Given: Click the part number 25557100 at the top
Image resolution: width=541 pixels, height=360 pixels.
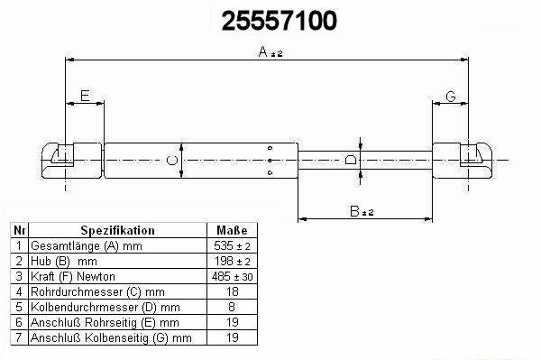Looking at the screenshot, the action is click(x=279, y=21).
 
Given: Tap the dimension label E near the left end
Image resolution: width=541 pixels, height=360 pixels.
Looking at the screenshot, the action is click(x=85, y=96).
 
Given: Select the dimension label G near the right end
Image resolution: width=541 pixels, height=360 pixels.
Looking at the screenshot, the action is click(x=451, y=97).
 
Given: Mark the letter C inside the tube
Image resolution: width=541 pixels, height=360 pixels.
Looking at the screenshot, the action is click(x=172, y=161).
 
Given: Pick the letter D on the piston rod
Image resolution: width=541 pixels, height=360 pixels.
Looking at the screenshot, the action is click(x=351, y=160).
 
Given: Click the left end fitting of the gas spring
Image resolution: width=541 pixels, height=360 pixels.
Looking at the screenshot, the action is click(x=72, y=161).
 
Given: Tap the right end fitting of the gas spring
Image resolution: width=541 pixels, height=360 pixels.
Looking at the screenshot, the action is click(x=463, y=161).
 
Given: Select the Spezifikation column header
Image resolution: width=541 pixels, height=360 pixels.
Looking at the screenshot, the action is click(x=117, y=230).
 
